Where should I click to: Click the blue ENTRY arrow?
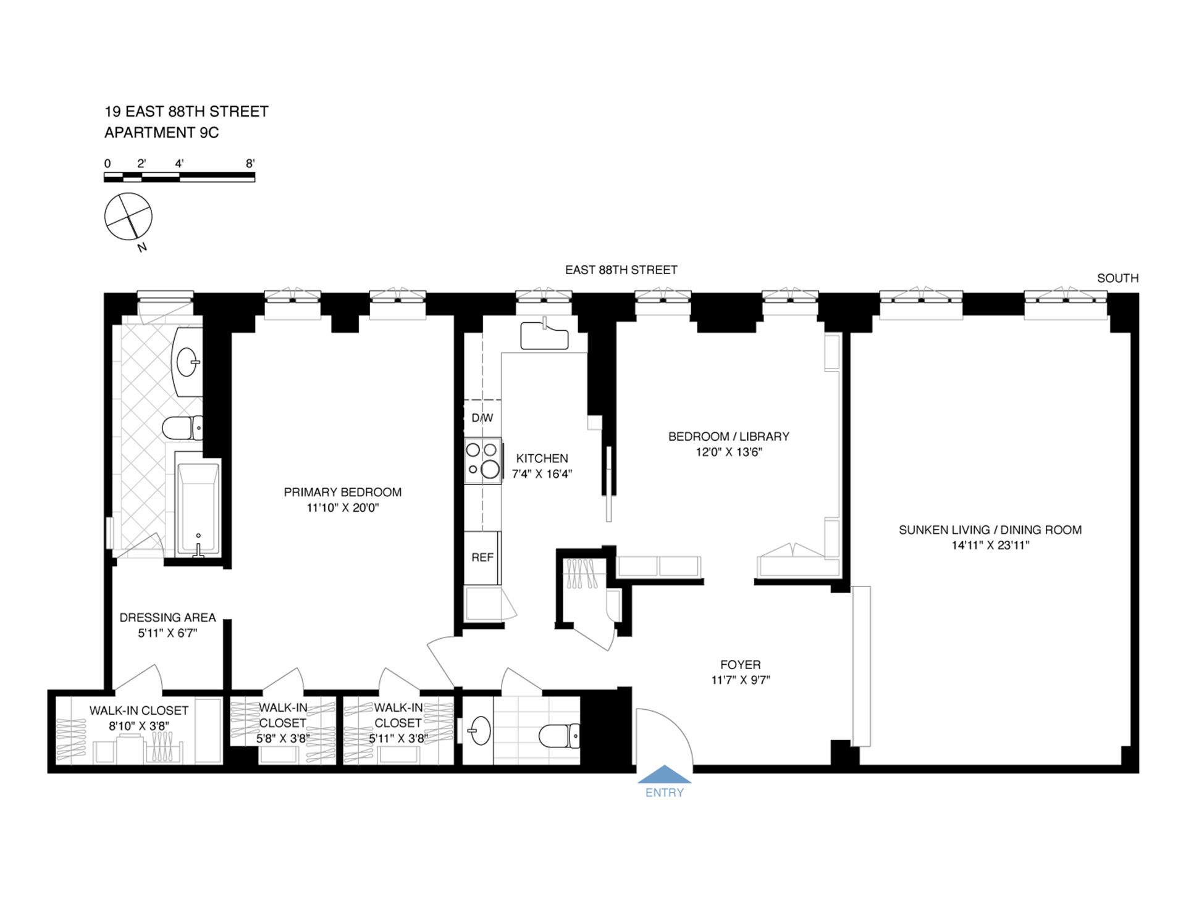[x=664, y=775]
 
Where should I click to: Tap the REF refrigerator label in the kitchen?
[x=482, y=557]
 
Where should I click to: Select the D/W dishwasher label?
[x=482, y=418]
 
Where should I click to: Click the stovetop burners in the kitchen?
[x=483, y=460]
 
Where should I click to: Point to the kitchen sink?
[x=544, y=336]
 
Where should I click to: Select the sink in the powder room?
[x=479, y=731]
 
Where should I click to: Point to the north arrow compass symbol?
[x=128, y=217]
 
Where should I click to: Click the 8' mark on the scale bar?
[x=250, y=164]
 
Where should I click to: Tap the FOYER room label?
[x=740, y=665]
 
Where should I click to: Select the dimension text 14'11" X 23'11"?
[x=990, y=545]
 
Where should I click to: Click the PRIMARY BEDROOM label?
[x=342, y=492]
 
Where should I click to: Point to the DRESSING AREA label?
[x=167, y=617]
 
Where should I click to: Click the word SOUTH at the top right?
[x=1117, y=278]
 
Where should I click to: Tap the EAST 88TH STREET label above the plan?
[x=621, y=270]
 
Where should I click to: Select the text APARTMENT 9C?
[x=161, y=133]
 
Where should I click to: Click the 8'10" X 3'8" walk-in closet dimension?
[x=139, y=726]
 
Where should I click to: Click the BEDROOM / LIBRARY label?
[x=729, y=436]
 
